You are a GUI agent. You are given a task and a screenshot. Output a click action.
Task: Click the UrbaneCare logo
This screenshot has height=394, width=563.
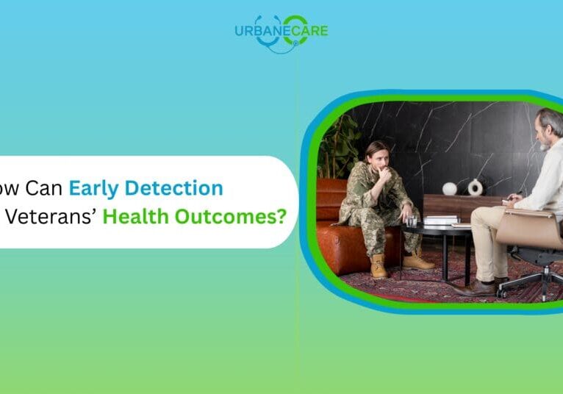tap(281, 32)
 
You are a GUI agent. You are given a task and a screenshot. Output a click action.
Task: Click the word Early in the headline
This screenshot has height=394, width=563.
tap(94, 188)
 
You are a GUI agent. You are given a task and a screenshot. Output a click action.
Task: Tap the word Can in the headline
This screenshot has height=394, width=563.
tap(43, 188)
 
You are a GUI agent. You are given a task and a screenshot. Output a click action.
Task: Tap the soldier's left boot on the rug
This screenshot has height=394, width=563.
tap(379, 266)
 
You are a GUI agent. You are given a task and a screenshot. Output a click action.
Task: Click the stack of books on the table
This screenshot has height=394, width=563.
tap(441, 220)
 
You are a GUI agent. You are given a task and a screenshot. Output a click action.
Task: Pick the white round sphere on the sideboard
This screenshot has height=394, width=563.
tap(450, 188)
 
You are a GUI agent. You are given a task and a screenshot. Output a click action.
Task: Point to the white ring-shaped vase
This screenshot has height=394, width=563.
tap(476, 187)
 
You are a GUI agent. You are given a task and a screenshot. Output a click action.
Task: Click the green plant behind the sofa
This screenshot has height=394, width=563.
tap(338, 147)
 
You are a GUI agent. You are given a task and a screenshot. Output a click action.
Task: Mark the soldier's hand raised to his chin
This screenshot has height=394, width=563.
tap(384, 173)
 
